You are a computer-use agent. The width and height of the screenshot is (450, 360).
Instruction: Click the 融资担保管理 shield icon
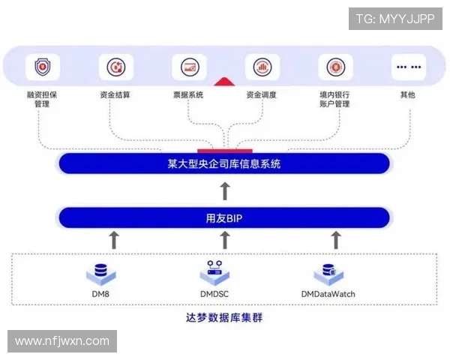[x=43, y=67]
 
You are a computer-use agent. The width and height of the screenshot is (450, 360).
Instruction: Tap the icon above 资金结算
[x=115, y=67]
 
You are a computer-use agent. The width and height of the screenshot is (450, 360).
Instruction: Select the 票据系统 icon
[x=189, y=67]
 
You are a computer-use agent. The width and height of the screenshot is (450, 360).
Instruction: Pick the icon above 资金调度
[x=262, y=67]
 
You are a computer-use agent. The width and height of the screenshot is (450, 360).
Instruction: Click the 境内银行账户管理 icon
[x=335, y=67]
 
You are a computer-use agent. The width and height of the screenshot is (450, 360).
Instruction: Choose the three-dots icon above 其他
[x=408, y=67]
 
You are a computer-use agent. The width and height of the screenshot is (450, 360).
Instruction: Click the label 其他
[x=408, y=95]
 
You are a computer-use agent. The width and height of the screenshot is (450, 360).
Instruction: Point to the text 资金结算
[x=115, y=95]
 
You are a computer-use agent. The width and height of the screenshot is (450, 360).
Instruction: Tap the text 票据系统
[x=189, y=95]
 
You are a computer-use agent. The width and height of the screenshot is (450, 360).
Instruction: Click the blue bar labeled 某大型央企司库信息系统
[x=224, y=163]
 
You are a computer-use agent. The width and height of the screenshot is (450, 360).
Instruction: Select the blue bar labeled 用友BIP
[x=224, y=218]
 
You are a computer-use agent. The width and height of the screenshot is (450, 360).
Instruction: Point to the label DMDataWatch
[x=328, y=294]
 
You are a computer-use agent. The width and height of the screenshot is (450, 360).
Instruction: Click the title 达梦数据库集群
[x=224, y=317]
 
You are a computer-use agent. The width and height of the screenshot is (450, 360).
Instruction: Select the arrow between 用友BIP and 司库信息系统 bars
[x=224, y=190]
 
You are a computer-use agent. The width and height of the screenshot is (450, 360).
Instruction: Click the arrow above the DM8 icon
[x=114, y=240]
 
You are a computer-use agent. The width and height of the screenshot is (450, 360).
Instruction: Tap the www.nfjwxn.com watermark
[x=62, y=341]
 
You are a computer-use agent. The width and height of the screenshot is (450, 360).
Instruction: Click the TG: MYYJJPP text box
[x=395, y=19]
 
